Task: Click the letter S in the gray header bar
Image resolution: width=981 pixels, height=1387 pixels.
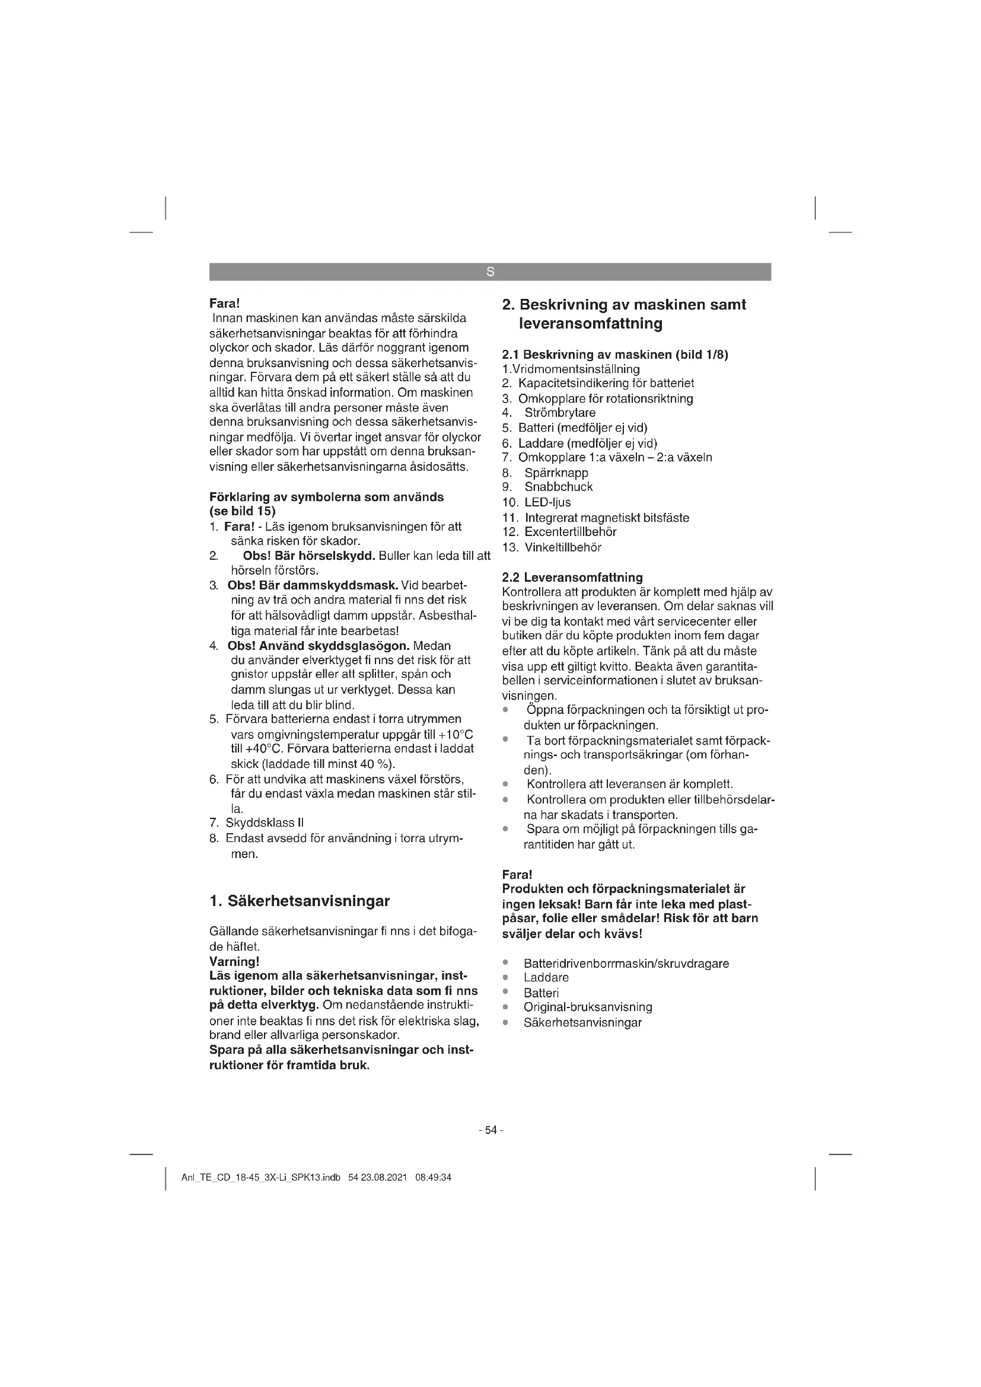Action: [x=490, y=272]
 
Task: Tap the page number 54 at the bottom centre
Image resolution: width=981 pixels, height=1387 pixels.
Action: [x=490, y=1130]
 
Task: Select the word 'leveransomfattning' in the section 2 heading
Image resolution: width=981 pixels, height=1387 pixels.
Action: [x=590, y=323]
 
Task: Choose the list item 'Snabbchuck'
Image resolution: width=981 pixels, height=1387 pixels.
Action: [x=558, y=487]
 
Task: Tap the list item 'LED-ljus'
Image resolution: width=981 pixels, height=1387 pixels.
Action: [x=547, y=502]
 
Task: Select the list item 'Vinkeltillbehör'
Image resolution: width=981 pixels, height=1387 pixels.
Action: [x=562, y=547]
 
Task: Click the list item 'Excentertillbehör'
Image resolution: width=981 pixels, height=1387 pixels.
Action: [x=570, y=531]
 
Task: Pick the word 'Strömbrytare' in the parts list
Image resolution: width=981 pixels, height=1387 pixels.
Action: [x=559, y=413]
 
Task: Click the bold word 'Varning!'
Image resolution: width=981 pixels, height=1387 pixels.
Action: [x=234, y=961]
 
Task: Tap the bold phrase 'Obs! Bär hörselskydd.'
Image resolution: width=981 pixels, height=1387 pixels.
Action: [x=308, y=555]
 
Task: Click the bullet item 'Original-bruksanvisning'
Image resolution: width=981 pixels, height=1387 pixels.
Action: [x=587, y=1007]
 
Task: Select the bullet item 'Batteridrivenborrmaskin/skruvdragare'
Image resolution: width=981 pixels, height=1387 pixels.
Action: [x=626, y=963]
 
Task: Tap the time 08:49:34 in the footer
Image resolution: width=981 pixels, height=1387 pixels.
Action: [x=433, y=1178]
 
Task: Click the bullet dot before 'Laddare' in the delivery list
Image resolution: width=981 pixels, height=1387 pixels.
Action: [x=505, y=977]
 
